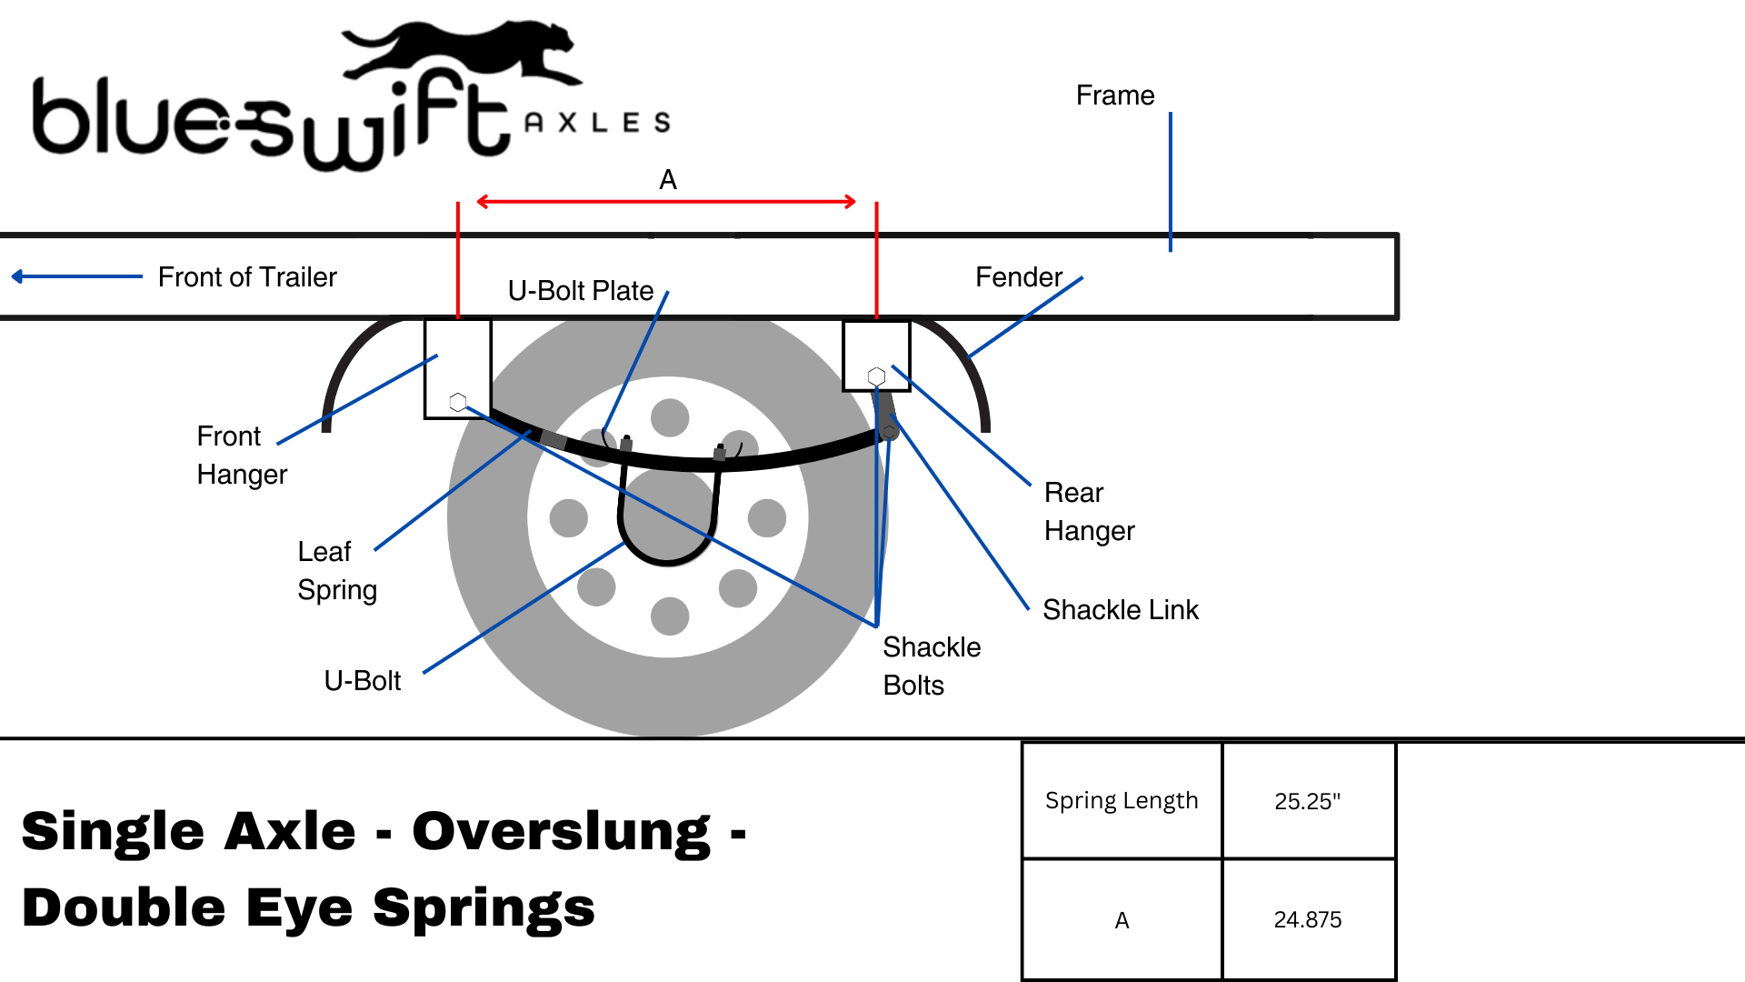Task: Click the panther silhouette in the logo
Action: coord(459,50)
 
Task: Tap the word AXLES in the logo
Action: coord(597,123)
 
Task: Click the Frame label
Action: coord(1114,95)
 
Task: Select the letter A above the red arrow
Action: coord(668,180)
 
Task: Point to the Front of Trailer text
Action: coord(247,277)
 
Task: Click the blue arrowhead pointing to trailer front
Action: coord(17,276)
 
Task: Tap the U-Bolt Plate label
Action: coord(581,291)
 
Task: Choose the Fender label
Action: coord(1018,277)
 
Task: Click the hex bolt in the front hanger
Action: coord(458,402)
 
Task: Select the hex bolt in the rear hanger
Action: coord(876,376)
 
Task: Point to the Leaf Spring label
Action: coord(336,571)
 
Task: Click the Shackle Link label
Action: coord(1120,610)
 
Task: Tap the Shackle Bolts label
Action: coord(931,666)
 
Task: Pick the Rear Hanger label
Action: coord(1089,512)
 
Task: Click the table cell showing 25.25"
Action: coord(1307,801)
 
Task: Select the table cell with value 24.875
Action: coord(1307,920)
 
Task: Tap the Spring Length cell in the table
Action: coord(1122,801)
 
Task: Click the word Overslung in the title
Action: coord(561,832)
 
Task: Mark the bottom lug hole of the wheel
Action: coord(670,616)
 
